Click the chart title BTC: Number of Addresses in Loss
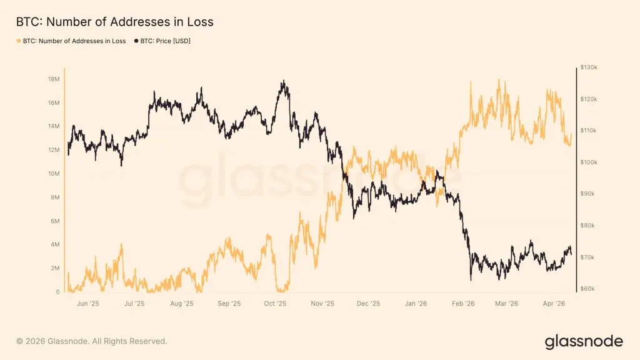pyautogui.click(x=114, y=22)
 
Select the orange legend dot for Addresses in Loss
pyautogui.click(x=18, y=41)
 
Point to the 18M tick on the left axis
pyautogui.click(x=53, y=79)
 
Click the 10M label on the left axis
pyautogui.click(x=53, y=174)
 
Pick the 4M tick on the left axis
pyautogui.click(x=54, y=244)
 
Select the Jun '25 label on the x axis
pyautogui.click(x=87, y=304)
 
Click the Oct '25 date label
pyautogui.click(x=275, y=304)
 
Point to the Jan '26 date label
pyautogui.click(x=416, y=304)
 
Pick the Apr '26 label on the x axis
pyautogui.click(x=554, y=304)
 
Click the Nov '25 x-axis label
pyautogui.click(x=322, y=304)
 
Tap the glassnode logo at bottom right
pyautogui.click(x=584, y=341)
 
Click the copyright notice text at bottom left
pyautogui.click(x=92, y=341)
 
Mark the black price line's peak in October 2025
pyautogui.click(x=284, y=81)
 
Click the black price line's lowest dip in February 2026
pyautogui.click(x=470, y=280)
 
